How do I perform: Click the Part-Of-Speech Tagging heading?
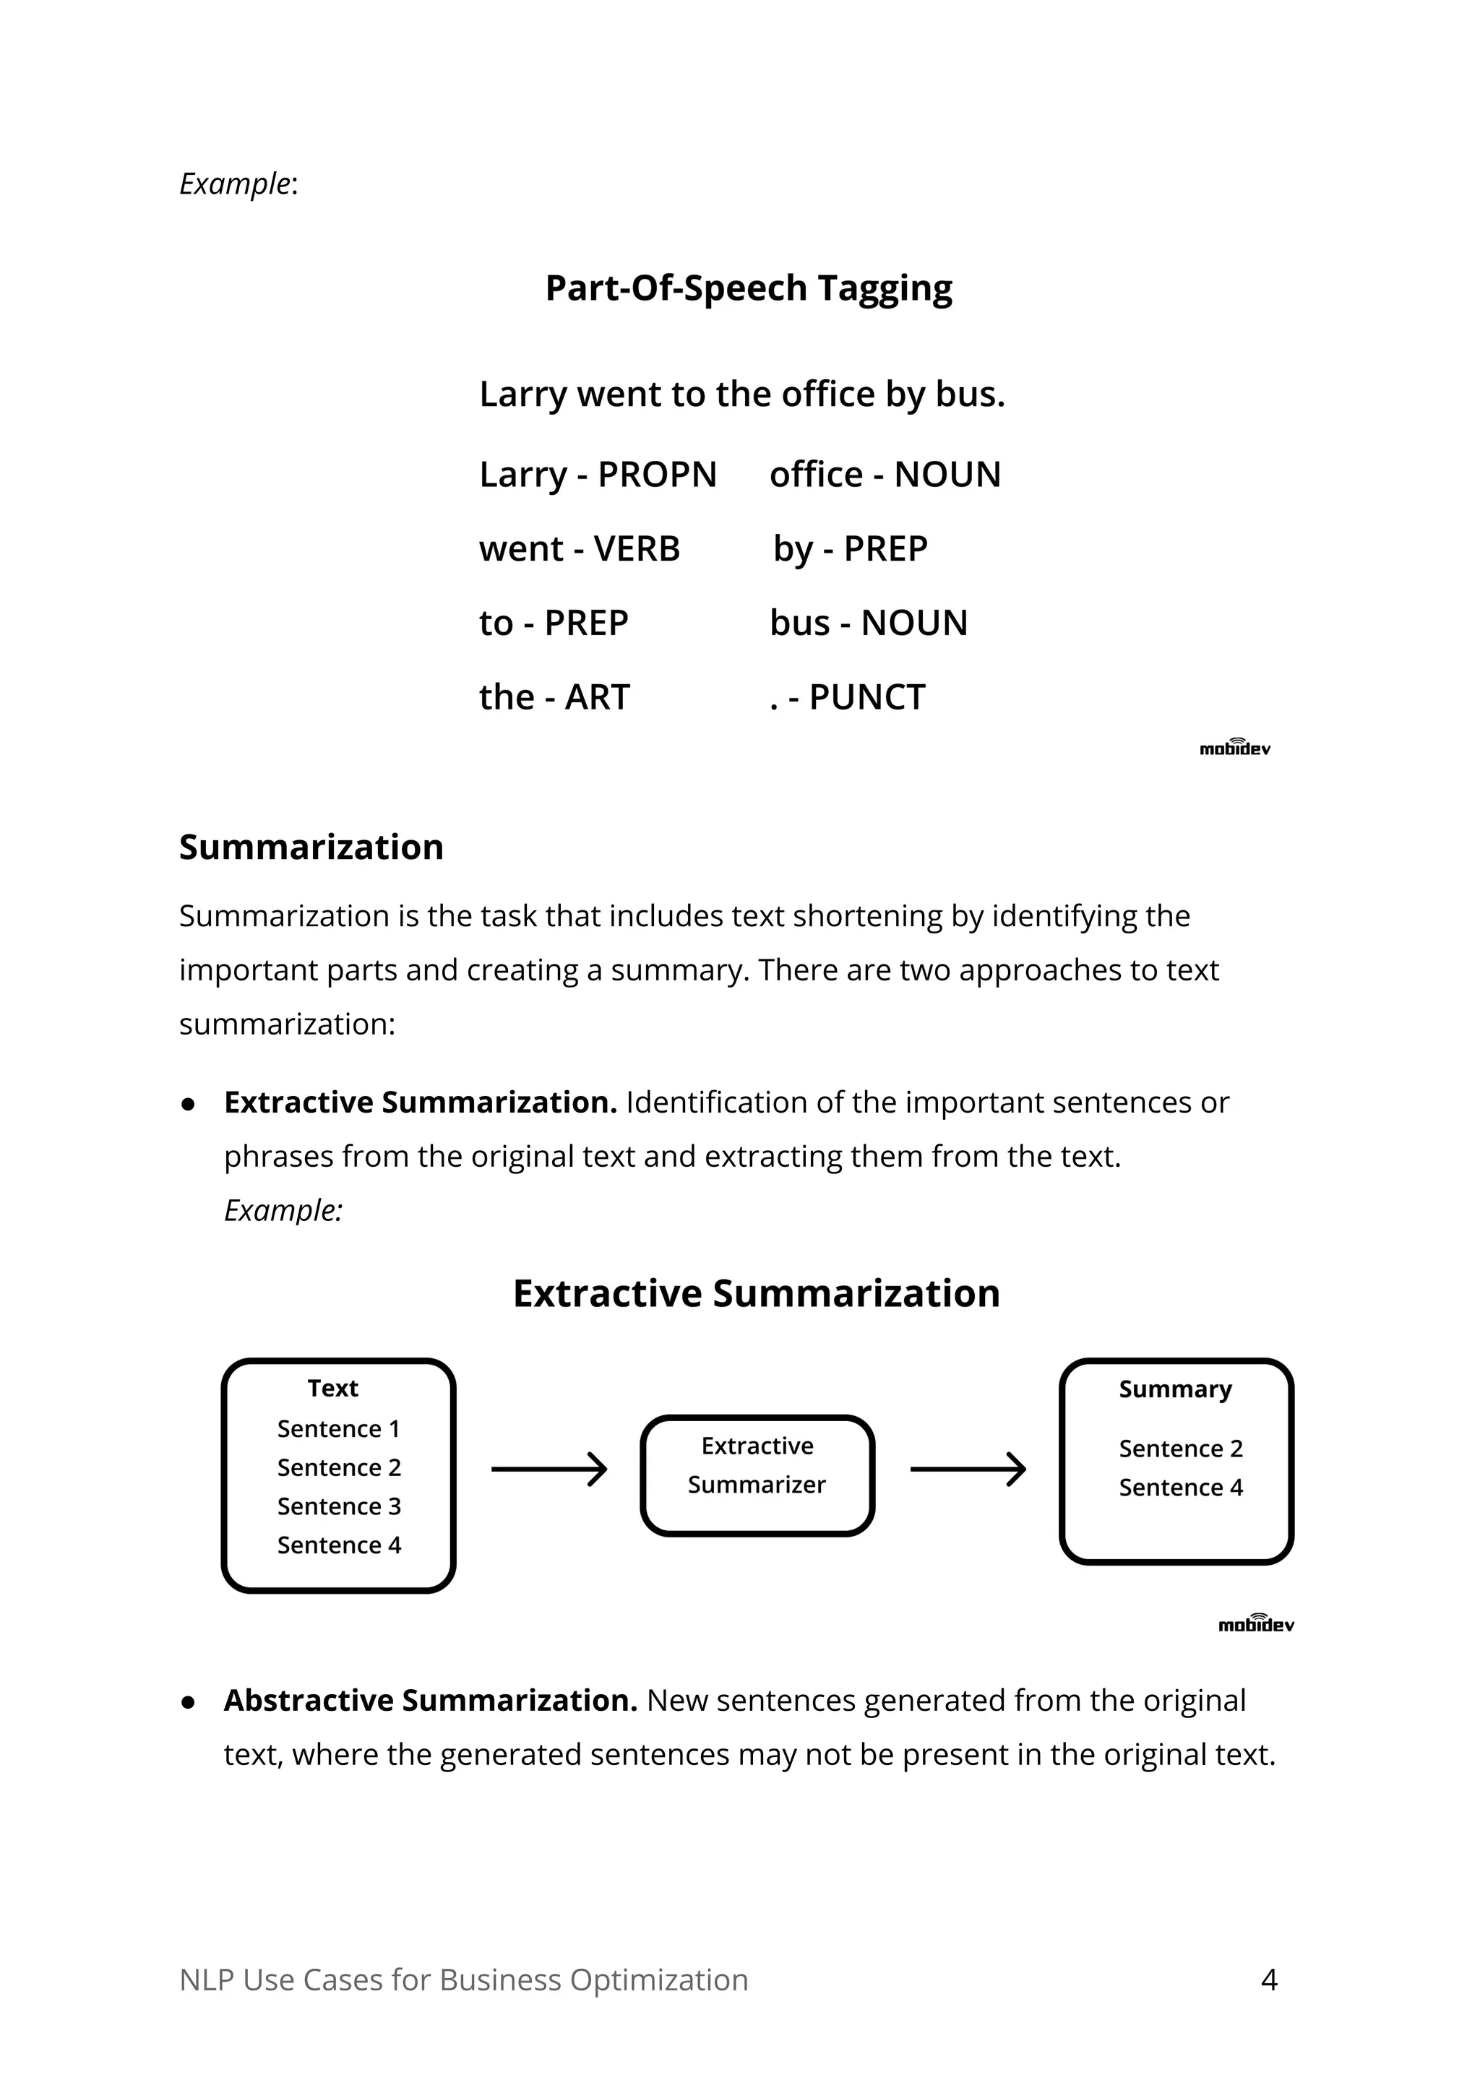tap(748, 288)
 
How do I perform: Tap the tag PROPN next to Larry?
tap(657, 475)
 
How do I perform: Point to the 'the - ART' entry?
tap(554, 697)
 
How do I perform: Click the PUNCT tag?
tap(866, 697)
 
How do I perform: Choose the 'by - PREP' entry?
tap(849, 549)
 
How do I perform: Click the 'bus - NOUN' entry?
tap(868, 623)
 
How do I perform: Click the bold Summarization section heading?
tap(311, 847)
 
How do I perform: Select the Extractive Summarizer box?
tap(756, 1475)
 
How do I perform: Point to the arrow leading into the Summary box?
tap(968, 1469)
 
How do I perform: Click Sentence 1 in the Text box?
tap(338, 1428)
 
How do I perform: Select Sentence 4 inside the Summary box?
tap(1180, 1487)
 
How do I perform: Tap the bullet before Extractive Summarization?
tap(189, 1104)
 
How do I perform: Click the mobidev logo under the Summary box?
tap(1256, 1623)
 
